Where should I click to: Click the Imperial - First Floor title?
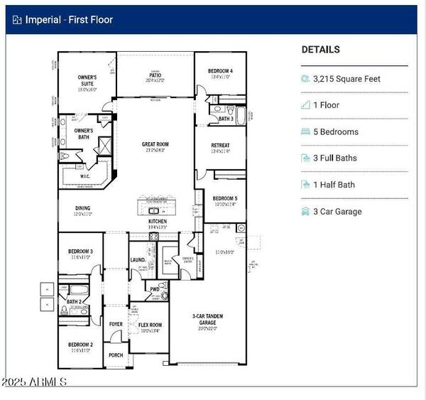(x=69, y=20)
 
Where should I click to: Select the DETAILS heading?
(x=320, y=50)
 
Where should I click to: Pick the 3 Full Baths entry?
(x=335, y=158)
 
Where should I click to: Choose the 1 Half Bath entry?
(x=332, y=185)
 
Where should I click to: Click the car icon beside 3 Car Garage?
(x=305, y=211)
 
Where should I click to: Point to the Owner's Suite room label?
(x=91, y=82)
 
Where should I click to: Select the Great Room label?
(x=155, y=146)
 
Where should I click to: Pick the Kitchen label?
(x=157, y=222)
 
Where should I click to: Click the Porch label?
(x=115, y=355)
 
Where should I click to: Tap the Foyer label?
(x=115, y=324)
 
